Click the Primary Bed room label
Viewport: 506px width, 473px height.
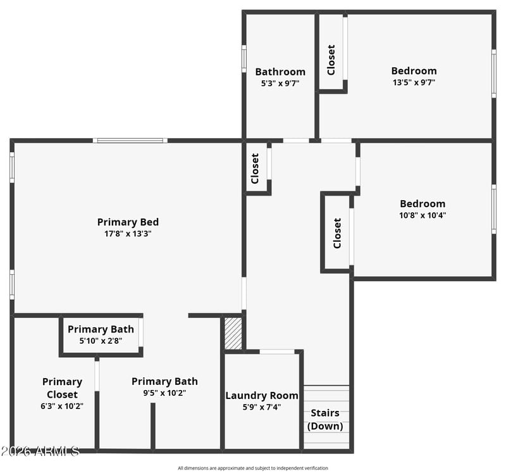(x=128, y=222)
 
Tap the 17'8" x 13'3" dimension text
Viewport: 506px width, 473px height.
(x=128, y=234)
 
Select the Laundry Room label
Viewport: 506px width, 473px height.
(x=262, y=396)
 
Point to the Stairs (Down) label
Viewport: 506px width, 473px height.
(x=325, y=419)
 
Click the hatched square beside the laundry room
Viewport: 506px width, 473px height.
(x=233, y=334)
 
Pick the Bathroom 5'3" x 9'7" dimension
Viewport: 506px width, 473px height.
(x=280, y=84)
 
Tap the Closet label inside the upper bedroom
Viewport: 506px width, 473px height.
(x=331, y=60)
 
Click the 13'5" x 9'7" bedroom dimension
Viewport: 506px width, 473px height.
(x=414, y=82)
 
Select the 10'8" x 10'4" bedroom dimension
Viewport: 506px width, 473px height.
(x=423, y=215)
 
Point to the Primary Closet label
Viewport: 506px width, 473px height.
(x=62, y=388)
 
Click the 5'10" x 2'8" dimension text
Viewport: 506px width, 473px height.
(x=101, y=341)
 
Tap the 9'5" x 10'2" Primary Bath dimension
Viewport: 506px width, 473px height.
(x=164, y=393)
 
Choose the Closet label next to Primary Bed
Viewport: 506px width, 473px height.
(x=255, y=168)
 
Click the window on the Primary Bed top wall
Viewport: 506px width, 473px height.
(x=130, y=141)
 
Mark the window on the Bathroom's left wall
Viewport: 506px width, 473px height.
(x=244, y=58)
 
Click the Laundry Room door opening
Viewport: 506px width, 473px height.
(x=277, y=351)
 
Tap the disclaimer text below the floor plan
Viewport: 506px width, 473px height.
(x=252, y=468)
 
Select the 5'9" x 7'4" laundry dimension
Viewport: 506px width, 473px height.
(x=262, y=407)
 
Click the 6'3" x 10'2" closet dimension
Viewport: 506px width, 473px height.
(x=62, y=406)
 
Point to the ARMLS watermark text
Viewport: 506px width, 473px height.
(x=40, y=451)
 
